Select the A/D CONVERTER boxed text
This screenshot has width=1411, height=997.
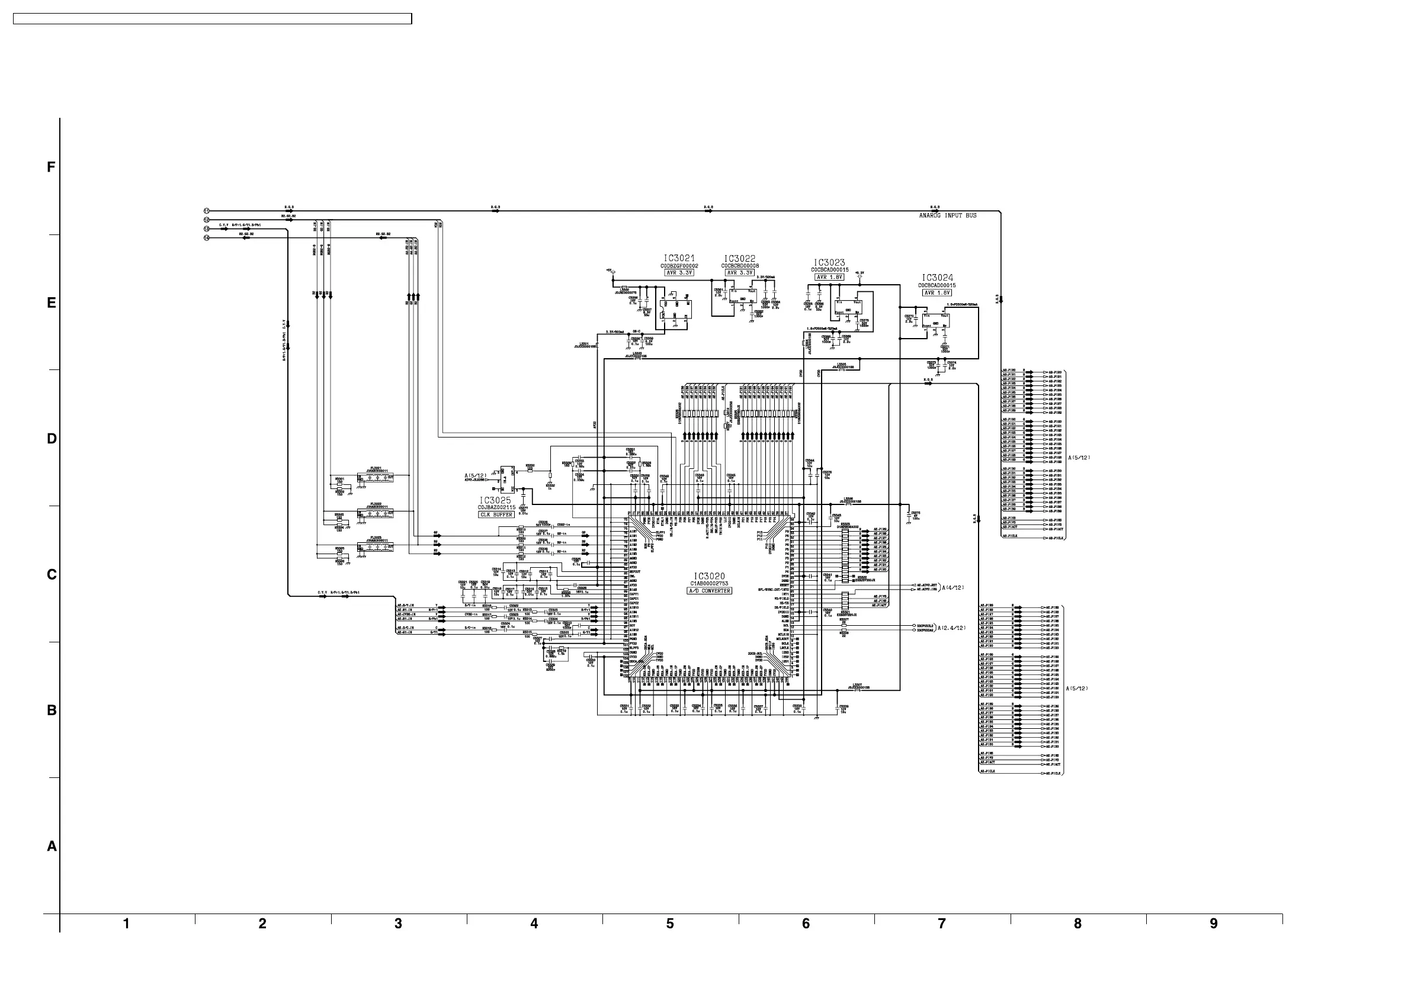(x=709, y=590)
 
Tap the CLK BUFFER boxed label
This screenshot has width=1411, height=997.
(x=496, y=514)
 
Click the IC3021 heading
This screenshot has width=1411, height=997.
(x=679, y=259)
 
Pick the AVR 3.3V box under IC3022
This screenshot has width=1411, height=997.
(x=739, y=273)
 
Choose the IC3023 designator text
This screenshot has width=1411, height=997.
(x=829, y=262)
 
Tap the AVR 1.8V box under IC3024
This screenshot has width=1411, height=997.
(x=937, y=293)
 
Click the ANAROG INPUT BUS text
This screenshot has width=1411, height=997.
(x=948, y=216)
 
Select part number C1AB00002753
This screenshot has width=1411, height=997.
(x=709, y=584)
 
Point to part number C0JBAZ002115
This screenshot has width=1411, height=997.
(x=496, y=507)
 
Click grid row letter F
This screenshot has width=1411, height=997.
(x=52, y=167)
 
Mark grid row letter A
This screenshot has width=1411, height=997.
(x=52, y=847)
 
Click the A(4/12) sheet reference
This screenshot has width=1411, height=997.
(x=953, y=587)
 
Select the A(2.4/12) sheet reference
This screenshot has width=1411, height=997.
(x=951, y=628)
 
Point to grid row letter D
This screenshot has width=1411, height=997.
(x=52, y=439)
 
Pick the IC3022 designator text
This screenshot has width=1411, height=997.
(x=739, y=259)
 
